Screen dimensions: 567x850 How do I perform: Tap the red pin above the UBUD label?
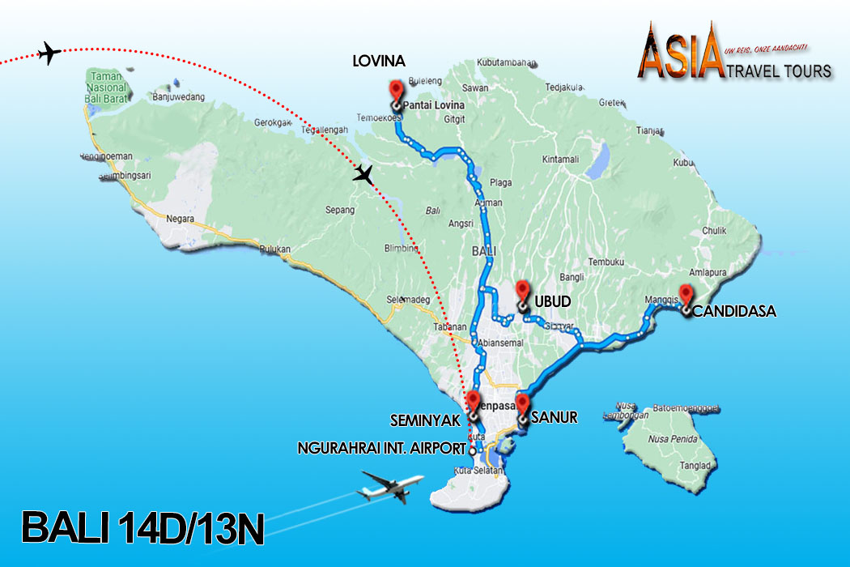coord(522,290)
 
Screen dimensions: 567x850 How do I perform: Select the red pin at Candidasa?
coord(686,296)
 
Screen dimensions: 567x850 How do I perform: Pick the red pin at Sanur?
coord(522,404)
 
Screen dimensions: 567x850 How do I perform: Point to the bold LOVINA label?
coord(379,62)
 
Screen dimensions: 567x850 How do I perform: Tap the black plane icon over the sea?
coord(50,54)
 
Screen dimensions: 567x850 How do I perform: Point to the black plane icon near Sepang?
coord(365,174)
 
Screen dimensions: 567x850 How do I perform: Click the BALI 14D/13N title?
coord(142,526)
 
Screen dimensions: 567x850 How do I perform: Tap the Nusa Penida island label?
coord(671,438)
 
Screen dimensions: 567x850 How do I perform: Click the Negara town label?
coord(180,219)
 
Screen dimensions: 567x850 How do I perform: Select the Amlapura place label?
coord(702,273)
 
